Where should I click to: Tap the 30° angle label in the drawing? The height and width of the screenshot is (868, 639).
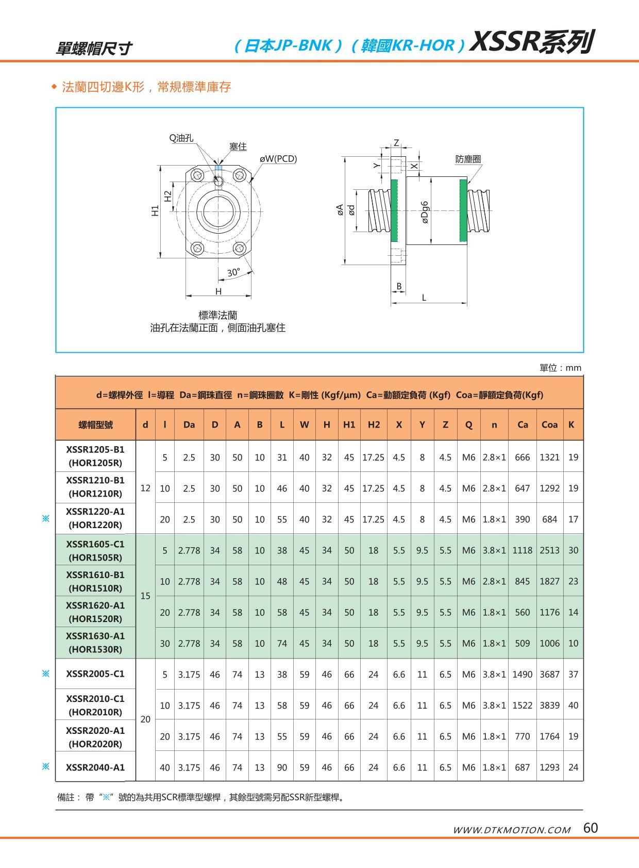tap(233, 273)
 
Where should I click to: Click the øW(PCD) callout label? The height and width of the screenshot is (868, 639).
tap(278, 159)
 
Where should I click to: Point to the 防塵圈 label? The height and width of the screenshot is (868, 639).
tap(468, 159)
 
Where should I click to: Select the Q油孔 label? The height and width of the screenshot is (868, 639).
tap(181, 138)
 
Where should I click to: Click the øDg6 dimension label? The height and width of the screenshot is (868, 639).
tap(425, 212)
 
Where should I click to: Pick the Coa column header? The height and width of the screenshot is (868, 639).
tap(549, 424)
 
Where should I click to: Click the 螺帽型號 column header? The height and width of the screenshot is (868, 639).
tap(95, 424)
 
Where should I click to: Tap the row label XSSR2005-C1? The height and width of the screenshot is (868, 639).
tap(95, 674)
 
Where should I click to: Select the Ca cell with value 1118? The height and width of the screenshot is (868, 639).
tap(522, 550)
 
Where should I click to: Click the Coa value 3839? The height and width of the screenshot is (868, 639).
tap(549, 705)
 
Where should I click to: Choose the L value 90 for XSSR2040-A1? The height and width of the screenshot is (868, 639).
tap(282, 767)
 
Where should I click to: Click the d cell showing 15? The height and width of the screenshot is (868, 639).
tap(145, 596)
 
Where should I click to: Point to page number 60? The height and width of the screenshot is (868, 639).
tap(591, 828)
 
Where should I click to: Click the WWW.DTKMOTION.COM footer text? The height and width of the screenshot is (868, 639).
tap(511, 830)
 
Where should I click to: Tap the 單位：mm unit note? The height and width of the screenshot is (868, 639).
tap(560, 368)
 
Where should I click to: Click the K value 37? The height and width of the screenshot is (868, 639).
tap(573, 674)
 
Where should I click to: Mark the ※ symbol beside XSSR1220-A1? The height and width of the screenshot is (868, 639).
tap(45, 518)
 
